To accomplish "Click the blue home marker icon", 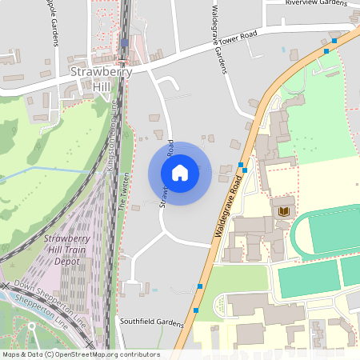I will click(179, 173).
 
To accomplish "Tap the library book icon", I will click(282, 210).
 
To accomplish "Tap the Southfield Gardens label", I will click(152, 323).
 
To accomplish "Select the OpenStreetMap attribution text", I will click(80, 354).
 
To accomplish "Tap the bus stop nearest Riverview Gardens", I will click(334, 39).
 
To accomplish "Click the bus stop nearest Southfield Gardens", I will click(195, 310).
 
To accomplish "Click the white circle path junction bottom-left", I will click(33, 326).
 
